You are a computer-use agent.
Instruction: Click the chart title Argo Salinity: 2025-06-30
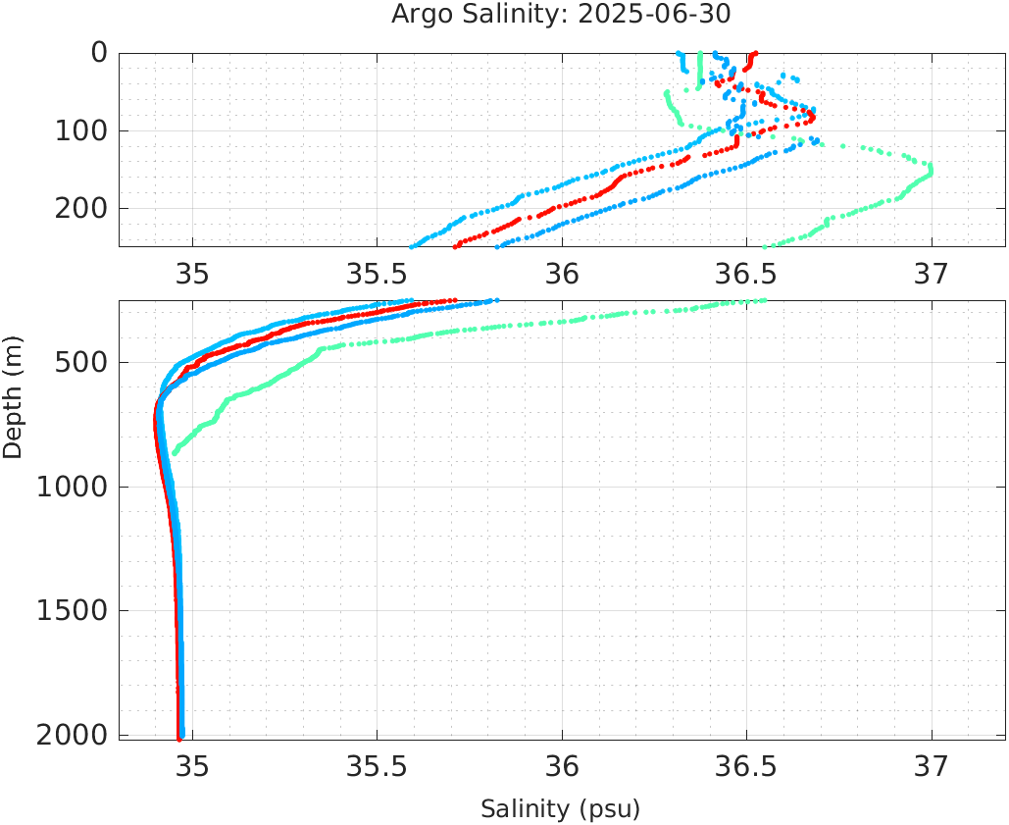[561, 15]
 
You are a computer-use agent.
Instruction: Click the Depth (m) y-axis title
[13, 406]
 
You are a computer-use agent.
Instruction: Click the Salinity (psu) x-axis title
[560, 809]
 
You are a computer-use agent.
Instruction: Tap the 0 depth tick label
[100, 53]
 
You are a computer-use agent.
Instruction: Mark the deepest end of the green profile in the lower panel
[175, 453]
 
